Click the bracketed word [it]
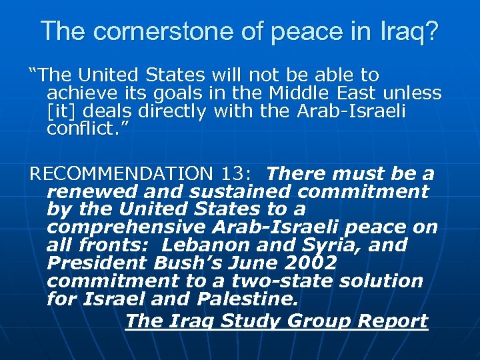[62, 111]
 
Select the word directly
[167, 111]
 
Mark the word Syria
[334, 245]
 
